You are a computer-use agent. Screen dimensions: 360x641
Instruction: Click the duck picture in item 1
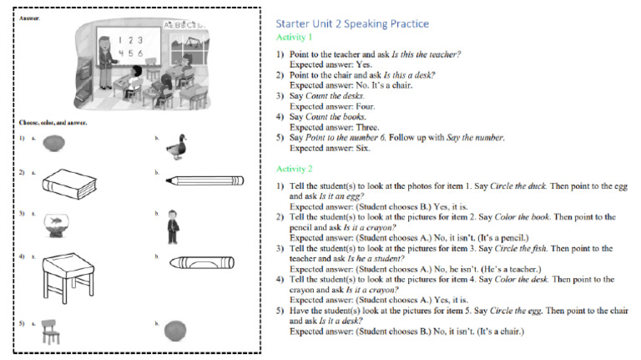coord(176,146)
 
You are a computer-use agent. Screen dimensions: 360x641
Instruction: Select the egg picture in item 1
coord(55,143)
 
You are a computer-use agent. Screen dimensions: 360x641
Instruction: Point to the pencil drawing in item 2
coord(204,180)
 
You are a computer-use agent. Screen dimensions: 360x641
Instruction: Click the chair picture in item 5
coord(53,330)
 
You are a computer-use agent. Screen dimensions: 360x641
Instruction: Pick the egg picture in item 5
coord(176,329)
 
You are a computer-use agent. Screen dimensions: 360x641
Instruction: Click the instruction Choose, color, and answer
coord(53,122)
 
